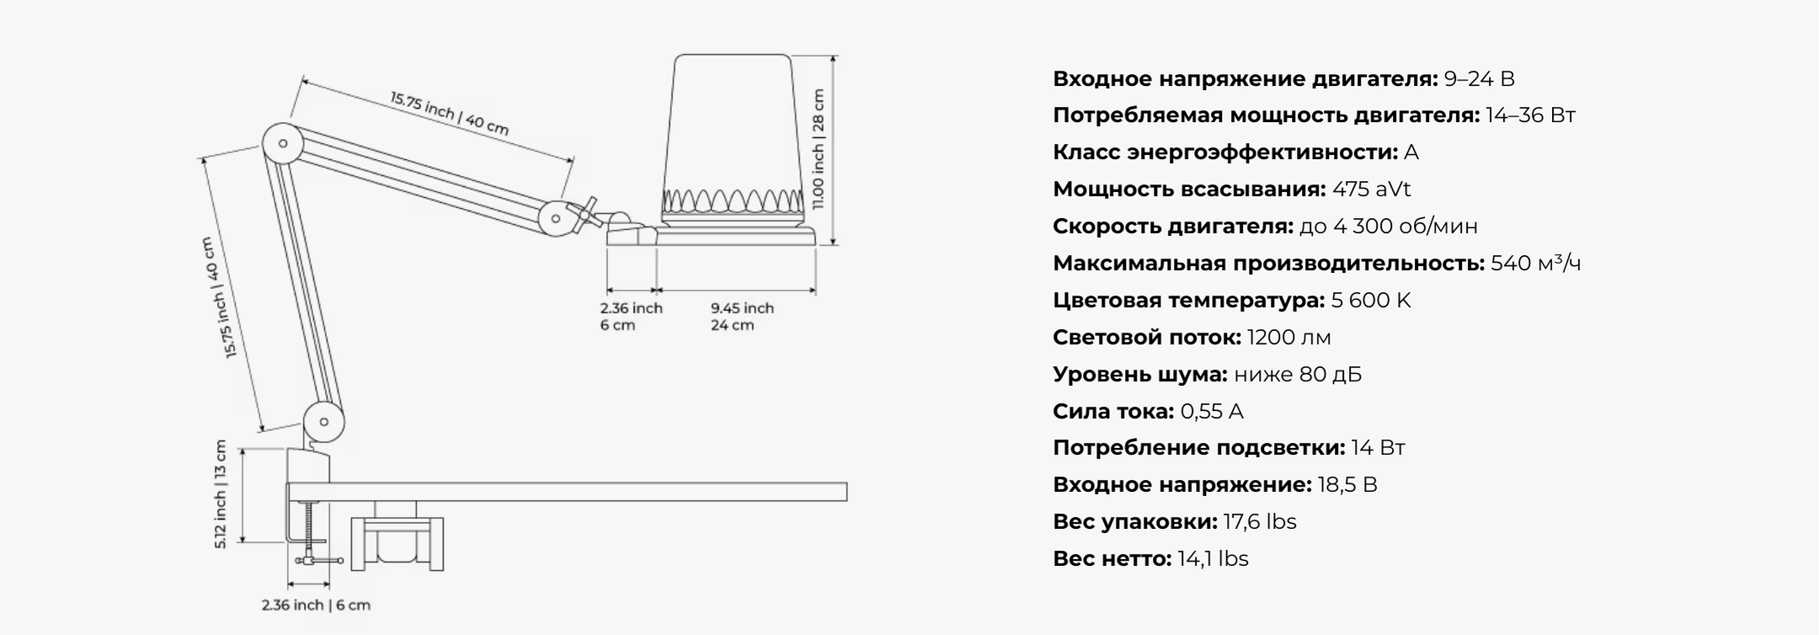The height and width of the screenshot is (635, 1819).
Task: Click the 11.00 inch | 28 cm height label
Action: pos(819,149)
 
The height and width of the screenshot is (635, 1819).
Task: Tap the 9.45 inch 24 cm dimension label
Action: pos(741,317)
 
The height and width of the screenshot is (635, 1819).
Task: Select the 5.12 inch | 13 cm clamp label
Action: pos(221,494)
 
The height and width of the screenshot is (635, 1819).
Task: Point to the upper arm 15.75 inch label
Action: pos(449,113)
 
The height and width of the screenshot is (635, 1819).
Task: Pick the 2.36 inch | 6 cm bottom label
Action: pos(316,605)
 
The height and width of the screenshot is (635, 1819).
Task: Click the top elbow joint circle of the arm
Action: pos(283,143)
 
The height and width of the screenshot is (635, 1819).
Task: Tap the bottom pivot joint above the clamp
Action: pos(323,421)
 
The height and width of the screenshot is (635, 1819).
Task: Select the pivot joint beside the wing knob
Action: pos(556,219)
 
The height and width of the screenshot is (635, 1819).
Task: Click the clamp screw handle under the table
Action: pos(319,560)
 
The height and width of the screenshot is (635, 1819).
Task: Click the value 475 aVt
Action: pos(1371,189)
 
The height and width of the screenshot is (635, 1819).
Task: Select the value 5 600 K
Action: pos(1370,300)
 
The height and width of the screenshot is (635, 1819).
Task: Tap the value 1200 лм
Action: pos(1288,337)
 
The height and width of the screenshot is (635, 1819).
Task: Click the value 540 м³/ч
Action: pos(1535,263)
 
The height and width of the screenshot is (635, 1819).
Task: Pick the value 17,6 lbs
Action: pos(1260,521)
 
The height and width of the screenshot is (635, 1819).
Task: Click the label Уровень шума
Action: pos(1139,374)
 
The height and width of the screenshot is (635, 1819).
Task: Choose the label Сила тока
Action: pos(1112,411)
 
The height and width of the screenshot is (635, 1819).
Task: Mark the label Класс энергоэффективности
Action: pos(1225,152)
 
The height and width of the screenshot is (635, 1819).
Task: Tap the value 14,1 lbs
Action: pos(1213,558)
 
